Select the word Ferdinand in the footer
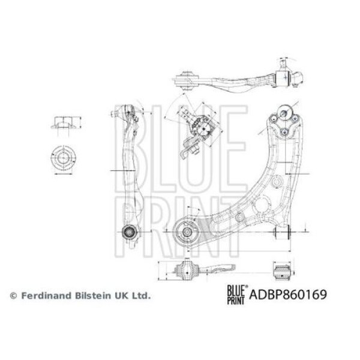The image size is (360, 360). [46, 295]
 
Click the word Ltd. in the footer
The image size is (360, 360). [141, 295]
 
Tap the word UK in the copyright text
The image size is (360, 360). [120, 295]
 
